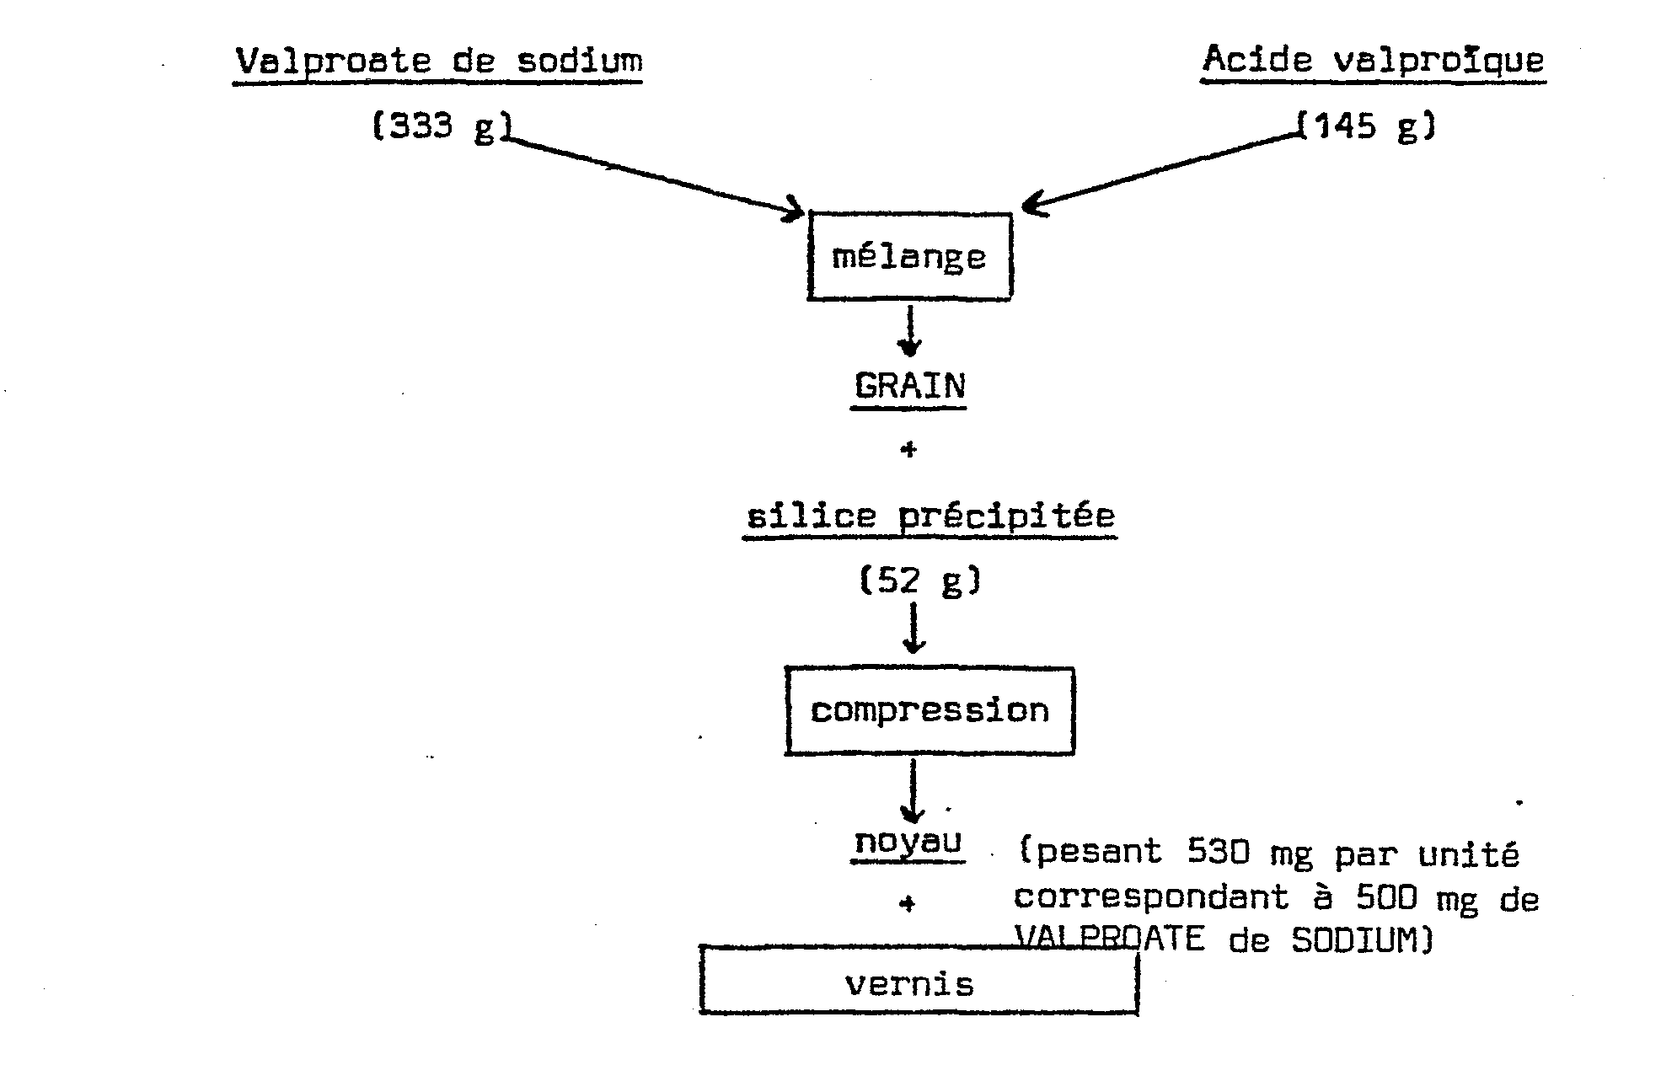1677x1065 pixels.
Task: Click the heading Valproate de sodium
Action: (438, 62)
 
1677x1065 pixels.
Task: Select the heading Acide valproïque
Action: (1374, 60)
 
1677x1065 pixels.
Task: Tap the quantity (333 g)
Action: (442, 127)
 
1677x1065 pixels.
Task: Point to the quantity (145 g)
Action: (1365, 126)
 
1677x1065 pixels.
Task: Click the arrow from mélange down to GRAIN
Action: (909, 331)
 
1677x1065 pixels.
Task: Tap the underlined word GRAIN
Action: (909, 386)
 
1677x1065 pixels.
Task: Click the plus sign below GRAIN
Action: (908, 450)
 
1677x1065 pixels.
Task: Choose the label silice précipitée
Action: (930, 515)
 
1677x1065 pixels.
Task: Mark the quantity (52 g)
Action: (920, 581)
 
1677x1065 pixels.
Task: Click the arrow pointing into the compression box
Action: (914, 628)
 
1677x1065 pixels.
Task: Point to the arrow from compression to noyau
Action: (914, 790)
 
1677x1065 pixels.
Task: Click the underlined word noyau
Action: (908, 842)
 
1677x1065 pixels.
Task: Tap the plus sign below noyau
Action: (907, 904)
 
